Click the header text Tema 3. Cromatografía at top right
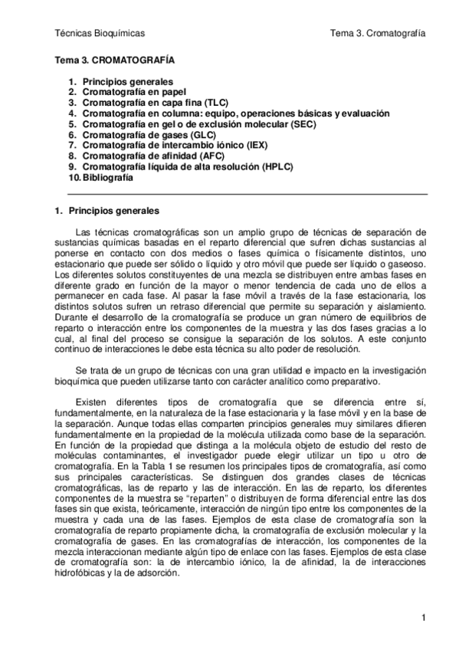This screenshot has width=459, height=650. [377, 33]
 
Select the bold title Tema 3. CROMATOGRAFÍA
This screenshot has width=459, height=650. [114, 59]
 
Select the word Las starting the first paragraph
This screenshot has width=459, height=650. [86, 232]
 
